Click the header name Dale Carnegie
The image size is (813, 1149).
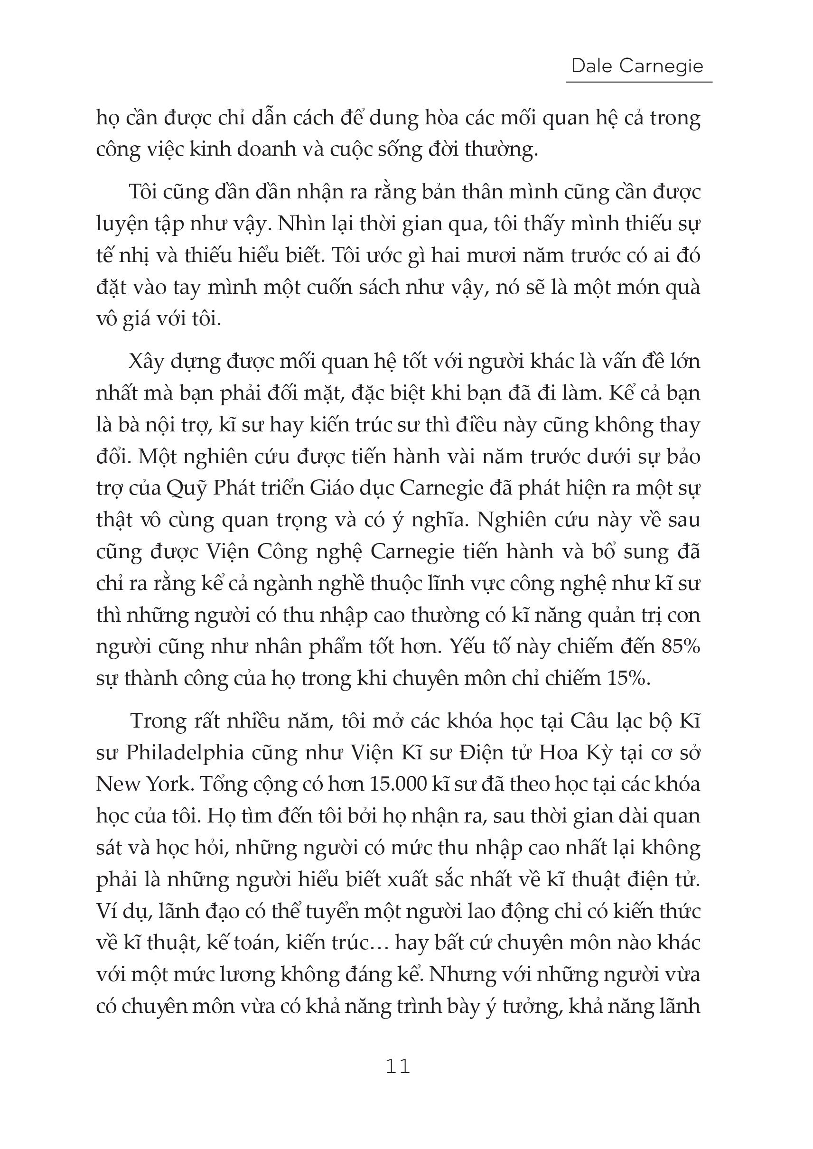pos(637,65)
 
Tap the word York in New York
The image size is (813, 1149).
pos(169,784)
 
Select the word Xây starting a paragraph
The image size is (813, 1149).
pos(147,362)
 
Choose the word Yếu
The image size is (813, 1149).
pos(469,646)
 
